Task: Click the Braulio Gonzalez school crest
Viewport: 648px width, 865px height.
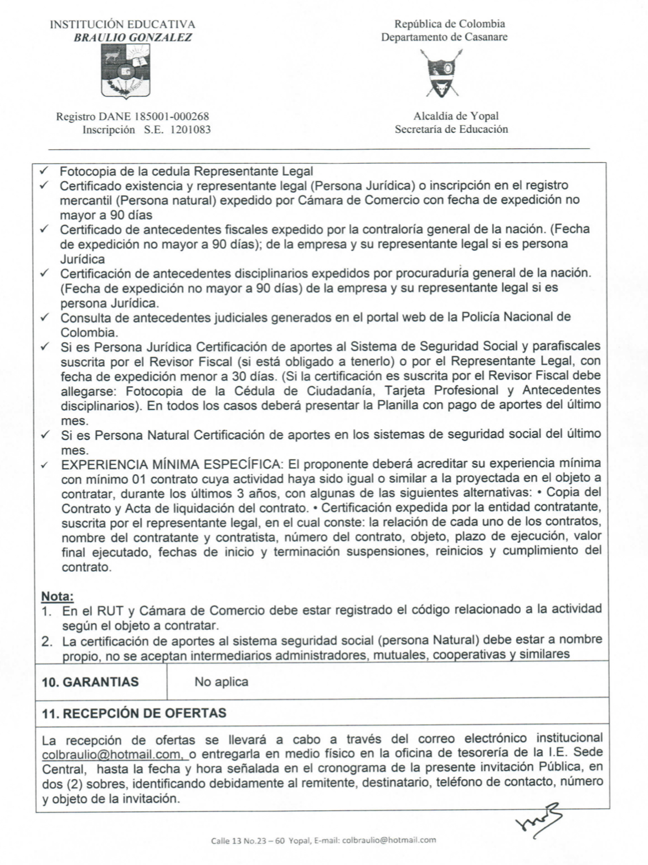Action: [126, 71]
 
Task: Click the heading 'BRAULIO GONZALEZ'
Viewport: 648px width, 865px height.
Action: [133, 38]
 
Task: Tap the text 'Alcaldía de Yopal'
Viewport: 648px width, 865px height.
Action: [456, 116]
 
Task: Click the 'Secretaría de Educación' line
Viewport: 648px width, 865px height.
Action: [451, 130]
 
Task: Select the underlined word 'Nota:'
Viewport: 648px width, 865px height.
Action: [58, 597]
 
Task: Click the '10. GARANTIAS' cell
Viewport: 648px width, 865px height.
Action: [90, 682]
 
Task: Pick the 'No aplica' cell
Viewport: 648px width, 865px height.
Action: [221, 682]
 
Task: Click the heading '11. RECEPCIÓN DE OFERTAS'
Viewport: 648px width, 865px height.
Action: [134, 713]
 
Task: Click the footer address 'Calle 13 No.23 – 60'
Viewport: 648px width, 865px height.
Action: [248, 840]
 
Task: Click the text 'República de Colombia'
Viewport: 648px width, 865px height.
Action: [449, 24]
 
